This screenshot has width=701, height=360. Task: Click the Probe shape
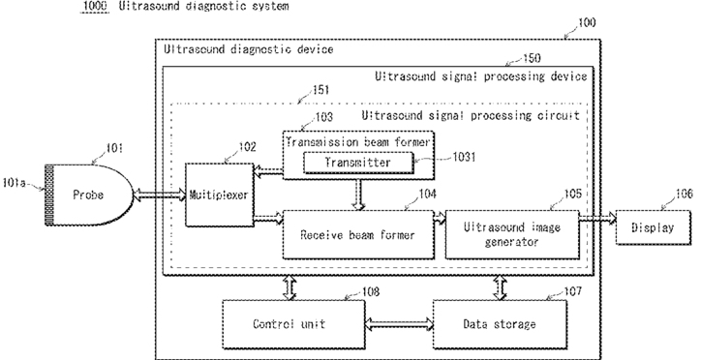click(89, 195)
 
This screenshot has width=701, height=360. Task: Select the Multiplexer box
click(220, 195)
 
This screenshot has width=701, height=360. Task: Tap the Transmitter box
click(357, 163)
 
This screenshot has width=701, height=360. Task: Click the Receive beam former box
click(358, 234)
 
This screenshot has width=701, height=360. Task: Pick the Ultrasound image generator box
click(512, 234)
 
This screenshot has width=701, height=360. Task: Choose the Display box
click(654, 227)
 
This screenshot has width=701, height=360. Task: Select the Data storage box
click(500, 324)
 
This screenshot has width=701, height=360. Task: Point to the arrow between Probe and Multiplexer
click(160, 195)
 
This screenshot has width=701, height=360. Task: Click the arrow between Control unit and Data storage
click(399, 324)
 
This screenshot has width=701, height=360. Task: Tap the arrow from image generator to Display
click(597, 219)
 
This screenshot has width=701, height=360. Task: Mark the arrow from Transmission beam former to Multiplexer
click(268, 171)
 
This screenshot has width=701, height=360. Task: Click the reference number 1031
click(464, 157)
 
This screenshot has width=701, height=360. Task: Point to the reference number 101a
click(14, 183)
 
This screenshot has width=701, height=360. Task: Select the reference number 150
click(532, 58)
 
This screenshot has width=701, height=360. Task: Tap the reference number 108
click(371, 291)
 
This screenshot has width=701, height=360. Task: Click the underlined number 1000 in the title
click(95, 6)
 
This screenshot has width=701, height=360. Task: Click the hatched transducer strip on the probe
click(49, 195)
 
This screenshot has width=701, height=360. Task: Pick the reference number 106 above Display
click(684, 194)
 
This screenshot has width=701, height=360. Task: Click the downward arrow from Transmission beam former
click(358, 195)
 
